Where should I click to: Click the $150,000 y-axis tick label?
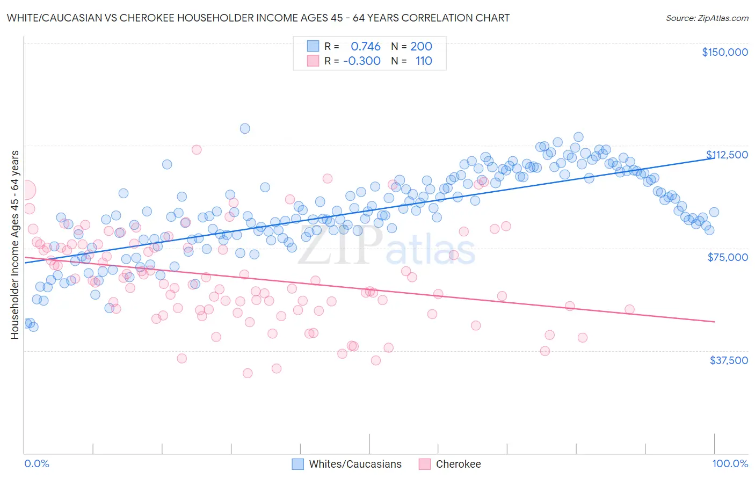tap(724, 52)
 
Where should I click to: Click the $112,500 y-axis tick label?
tap(727, 155)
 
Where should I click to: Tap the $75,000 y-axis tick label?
tap(727, 257)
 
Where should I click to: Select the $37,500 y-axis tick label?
tap(728, 360)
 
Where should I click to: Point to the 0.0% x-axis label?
tap(37, 464)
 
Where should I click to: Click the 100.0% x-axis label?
tap(730, 464)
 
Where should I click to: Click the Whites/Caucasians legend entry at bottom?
tap(355, 465)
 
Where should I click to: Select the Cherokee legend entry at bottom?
tap(458, 465)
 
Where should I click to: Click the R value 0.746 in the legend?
tap(365, 47)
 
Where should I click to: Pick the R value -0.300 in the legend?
tap(362, 61)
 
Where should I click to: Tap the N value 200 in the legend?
tap(421, 47)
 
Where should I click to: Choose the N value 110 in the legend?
tap(423, 61)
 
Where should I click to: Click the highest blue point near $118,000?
tap(245, 128)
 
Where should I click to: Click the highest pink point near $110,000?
tap(197, 150)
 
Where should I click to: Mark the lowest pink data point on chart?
tap(248, 373)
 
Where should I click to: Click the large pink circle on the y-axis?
tap(25, 190)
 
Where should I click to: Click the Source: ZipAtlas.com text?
tap(707, 18)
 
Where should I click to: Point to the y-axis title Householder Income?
tap(14, 245)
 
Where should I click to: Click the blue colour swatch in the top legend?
tap(313, 47)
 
